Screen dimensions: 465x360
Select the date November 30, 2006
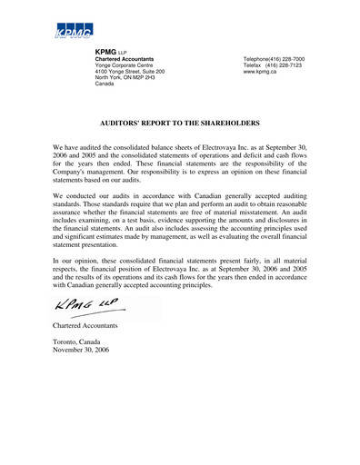pyautogui.click(x=83, y=350)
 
